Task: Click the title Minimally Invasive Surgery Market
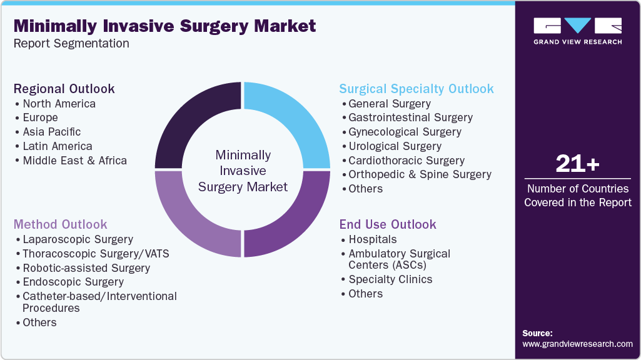point(164,26)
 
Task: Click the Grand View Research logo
point(577,31)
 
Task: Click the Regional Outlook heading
point(64,89)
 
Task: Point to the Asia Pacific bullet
point(52,132)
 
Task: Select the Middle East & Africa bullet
point(74,161)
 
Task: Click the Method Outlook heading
point(60,224)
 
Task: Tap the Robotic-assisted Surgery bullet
point(86,268)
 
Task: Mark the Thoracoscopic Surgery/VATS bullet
point(96,254)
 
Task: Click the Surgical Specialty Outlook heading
point(416,89)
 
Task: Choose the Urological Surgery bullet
point(395,146)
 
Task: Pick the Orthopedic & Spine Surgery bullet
point(420,174)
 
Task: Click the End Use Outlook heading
point(388,224)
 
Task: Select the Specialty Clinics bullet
point(390,279)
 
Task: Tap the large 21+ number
point(577,164)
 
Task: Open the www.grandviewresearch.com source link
point(577,344)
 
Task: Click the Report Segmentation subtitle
point(71,44)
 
